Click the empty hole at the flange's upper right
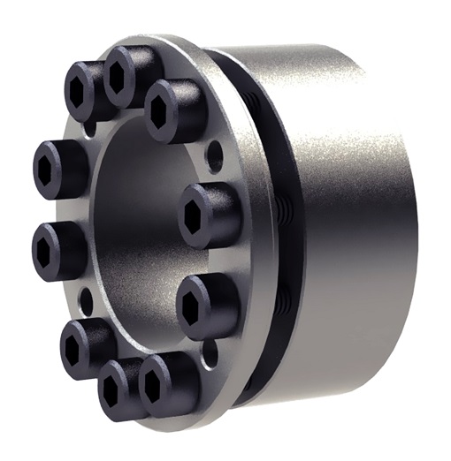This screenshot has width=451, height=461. point(212,161)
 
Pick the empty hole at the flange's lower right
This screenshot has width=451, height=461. point(209,354)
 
